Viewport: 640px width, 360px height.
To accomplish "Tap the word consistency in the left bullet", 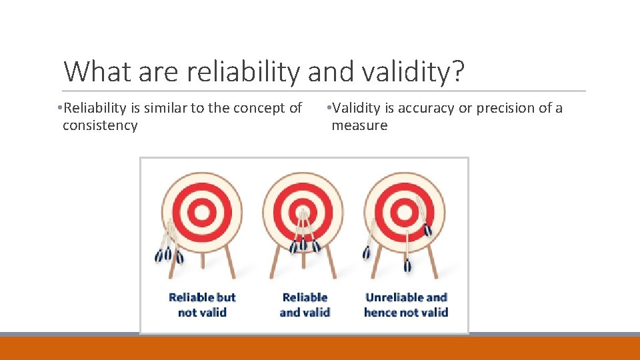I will coord(100,125).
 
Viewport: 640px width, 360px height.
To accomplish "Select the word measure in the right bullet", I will coord(359,125).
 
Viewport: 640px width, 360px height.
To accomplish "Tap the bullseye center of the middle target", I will coord(303,213).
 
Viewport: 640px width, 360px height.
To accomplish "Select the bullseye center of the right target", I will coord(404,213).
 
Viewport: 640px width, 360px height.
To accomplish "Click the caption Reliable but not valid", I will coord(202,305).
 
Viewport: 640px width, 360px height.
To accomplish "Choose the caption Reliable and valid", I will coord(305,305).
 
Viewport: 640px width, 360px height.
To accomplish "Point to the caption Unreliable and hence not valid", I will coord(406,305).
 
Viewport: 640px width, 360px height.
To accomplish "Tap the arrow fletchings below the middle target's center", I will coord(304,244).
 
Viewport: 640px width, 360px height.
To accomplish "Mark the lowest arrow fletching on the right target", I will coord(407,265).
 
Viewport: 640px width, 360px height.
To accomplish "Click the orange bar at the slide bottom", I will coord(320,348).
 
